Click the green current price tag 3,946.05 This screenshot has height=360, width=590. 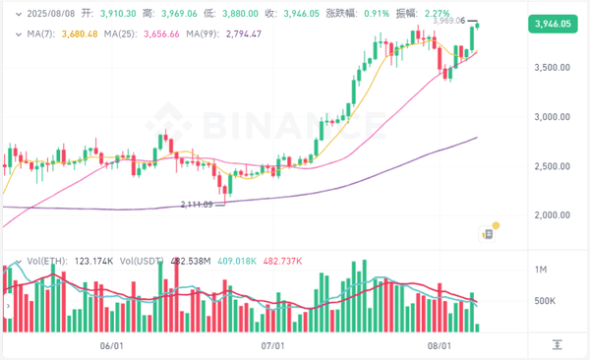point(551,24)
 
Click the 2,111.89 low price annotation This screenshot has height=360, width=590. point(197,204)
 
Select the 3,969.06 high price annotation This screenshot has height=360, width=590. point(446,21)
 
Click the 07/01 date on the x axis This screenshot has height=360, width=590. point(272,345)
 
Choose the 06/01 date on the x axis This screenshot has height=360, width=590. point(111,345)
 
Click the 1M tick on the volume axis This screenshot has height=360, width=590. point(540,269)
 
